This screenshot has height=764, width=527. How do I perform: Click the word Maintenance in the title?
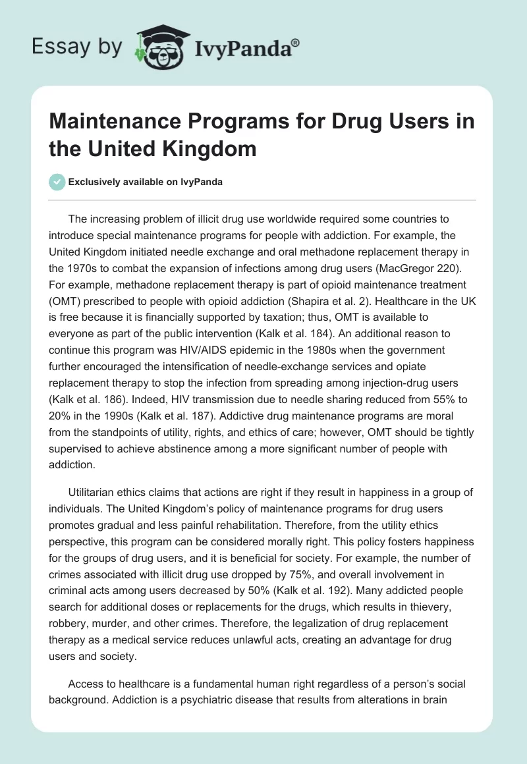(x=113, y=123)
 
